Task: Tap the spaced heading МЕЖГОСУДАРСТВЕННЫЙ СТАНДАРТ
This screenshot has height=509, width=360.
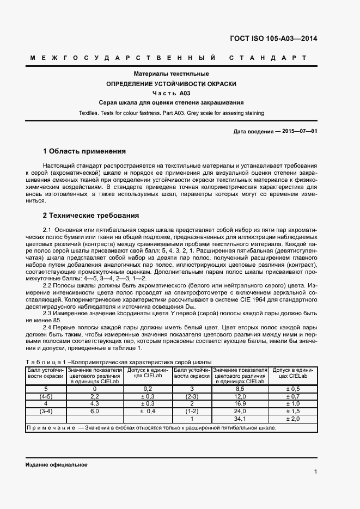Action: coord(172,58)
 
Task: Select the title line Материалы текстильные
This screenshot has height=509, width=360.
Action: coord(172,73)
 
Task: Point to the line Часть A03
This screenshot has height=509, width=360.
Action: coord(172,93)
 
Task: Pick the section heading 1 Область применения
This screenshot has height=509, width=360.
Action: coord(84,151)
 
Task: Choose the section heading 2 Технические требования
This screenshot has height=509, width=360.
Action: coord(91,216)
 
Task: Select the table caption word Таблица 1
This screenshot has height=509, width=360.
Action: coord(48,362)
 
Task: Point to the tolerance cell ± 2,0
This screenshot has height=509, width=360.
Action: coord(293,419)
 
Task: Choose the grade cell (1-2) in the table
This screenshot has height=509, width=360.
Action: coord(191,411)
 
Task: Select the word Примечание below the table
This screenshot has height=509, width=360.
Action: coord(50,427)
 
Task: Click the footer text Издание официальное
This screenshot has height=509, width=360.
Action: coord(56,465)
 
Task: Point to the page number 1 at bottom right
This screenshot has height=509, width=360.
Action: coord(315,471)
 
